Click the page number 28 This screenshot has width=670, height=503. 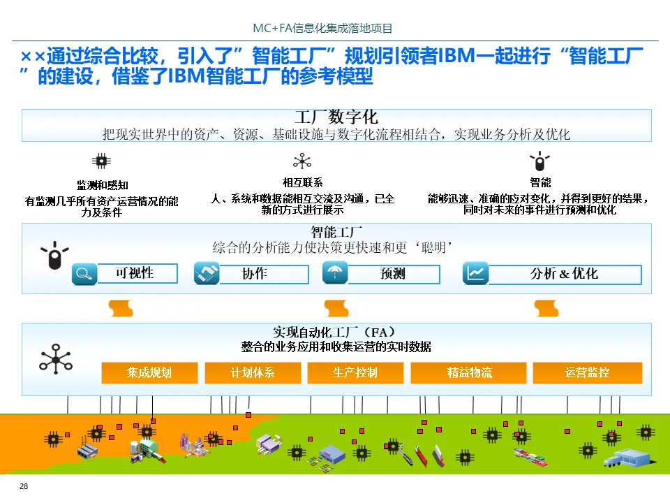coord(24,486)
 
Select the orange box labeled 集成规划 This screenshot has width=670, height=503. coord(149,372)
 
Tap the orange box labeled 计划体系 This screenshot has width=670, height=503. coord(253,372)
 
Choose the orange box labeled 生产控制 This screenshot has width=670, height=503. coord(355,372)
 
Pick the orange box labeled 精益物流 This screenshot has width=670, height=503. coord(469,372)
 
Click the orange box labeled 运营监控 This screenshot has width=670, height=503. coord(587,372)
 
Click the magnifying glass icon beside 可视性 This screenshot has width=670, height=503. coord(84,273)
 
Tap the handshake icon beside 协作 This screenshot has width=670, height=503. coord(207,273)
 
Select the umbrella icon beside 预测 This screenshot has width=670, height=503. coord(335,272)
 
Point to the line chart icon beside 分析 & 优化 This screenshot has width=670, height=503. coord(476,273)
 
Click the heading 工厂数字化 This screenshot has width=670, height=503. coord(336,117)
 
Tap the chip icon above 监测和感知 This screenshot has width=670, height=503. coord(102,161)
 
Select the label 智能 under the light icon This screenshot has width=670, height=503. coord(540,182)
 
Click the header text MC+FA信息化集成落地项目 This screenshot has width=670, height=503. coord(322,29)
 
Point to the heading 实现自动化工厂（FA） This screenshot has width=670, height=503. coord(336,332)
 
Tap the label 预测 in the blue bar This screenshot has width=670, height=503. coord(393,274)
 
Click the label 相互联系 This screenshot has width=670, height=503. coord(302,182)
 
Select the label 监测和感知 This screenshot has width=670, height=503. coord(102,185)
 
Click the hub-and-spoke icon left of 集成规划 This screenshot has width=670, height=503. coord(56,358)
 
